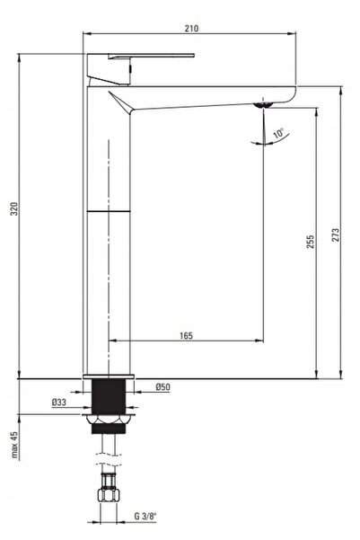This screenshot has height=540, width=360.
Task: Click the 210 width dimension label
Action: point(191,28)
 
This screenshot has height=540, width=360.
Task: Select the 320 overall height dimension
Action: point(14,209)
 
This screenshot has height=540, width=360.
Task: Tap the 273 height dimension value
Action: point(335,235)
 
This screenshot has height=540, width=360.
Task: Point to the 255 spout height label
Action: point(311,242)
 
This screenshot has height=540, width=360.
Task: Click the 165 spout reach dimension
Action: point(186,335)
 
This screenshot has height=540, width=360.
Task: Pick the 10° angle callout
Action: point(279,133)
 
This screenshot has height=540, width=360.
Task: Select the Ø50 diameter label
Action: point(162,386)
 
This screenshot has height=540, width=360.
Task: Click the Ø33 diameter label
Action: point(59,402)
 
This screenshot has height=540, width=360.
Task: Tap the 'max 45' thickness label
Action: point(14,445)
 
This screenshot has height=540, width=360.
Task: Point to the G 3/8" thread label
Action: point(145,516)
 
